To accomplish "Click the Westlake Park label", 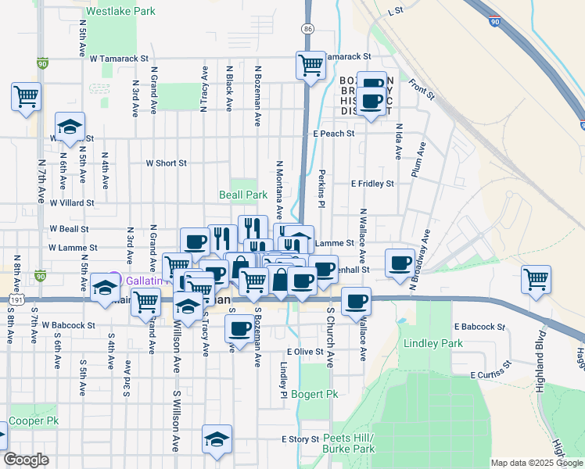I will coord(120,12).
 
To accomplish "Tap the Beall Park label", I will coord(242,194).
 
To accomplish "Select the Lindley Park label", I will coord(433,343).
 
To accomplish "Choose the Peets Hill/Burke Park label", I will coord(348,443).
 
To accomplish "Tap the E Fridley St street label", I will coord(372,184).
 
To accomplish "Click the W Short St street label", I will coord(167,163).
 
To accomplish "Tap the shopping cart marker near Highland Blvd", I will coord(537,278).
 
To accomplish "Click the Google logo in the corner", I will coord(26,460).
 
